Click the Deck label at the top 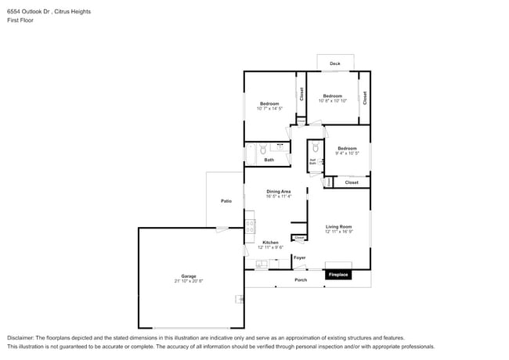coord(335,63)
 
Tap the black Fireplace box coord(338,275)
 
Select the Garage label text coord(189,275)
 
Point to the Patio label coord(226,201)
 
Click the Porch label coord(300,279)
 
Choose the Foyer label coord(299,257)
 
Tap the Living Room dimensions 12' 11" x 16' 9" coord(339,232)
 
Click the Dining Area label coord(279,191)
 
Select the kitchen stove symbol coord(250,226)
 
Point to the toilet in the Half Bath coord(315,149)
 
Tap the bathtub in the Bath coord(251,149)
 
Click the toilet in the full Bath coord(264,149)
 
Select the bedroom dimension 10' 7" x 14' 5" coord(269,109)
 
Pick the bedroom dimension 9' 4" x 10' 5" coord(347,153)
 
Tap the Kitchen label coord(270,243)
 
